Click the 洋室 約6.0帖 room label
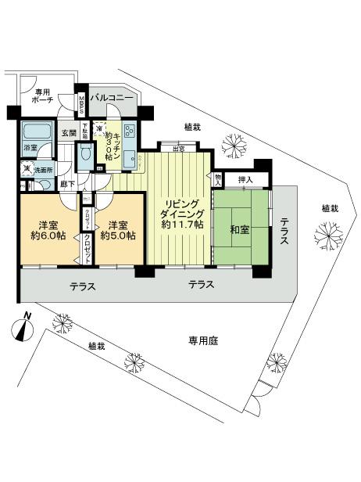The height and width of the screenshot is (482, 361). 45,228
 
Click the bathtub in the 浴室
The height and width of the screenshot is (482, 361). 36,130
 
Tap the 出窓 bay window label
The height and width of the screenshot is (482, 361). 178,148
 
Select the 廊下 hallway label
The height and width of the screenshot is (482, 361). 67,184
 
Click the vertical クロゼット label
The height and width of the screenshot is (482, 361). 89,246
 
